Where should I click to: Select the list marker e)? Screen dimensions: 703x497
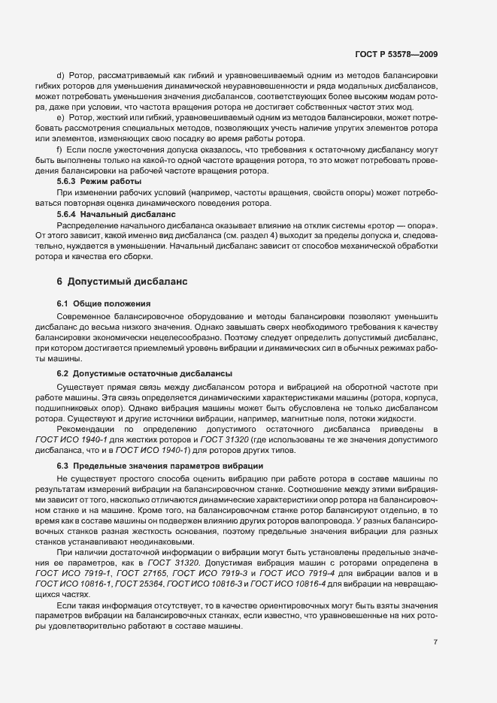pyautogui.click(x=61, y=119)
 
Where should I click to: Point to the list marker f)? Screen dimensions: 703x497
pyautogui.click(x=60, y=150)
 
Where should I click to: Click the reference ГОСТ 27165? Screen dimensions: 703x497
pyautogui.click(x=113, y=573)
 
